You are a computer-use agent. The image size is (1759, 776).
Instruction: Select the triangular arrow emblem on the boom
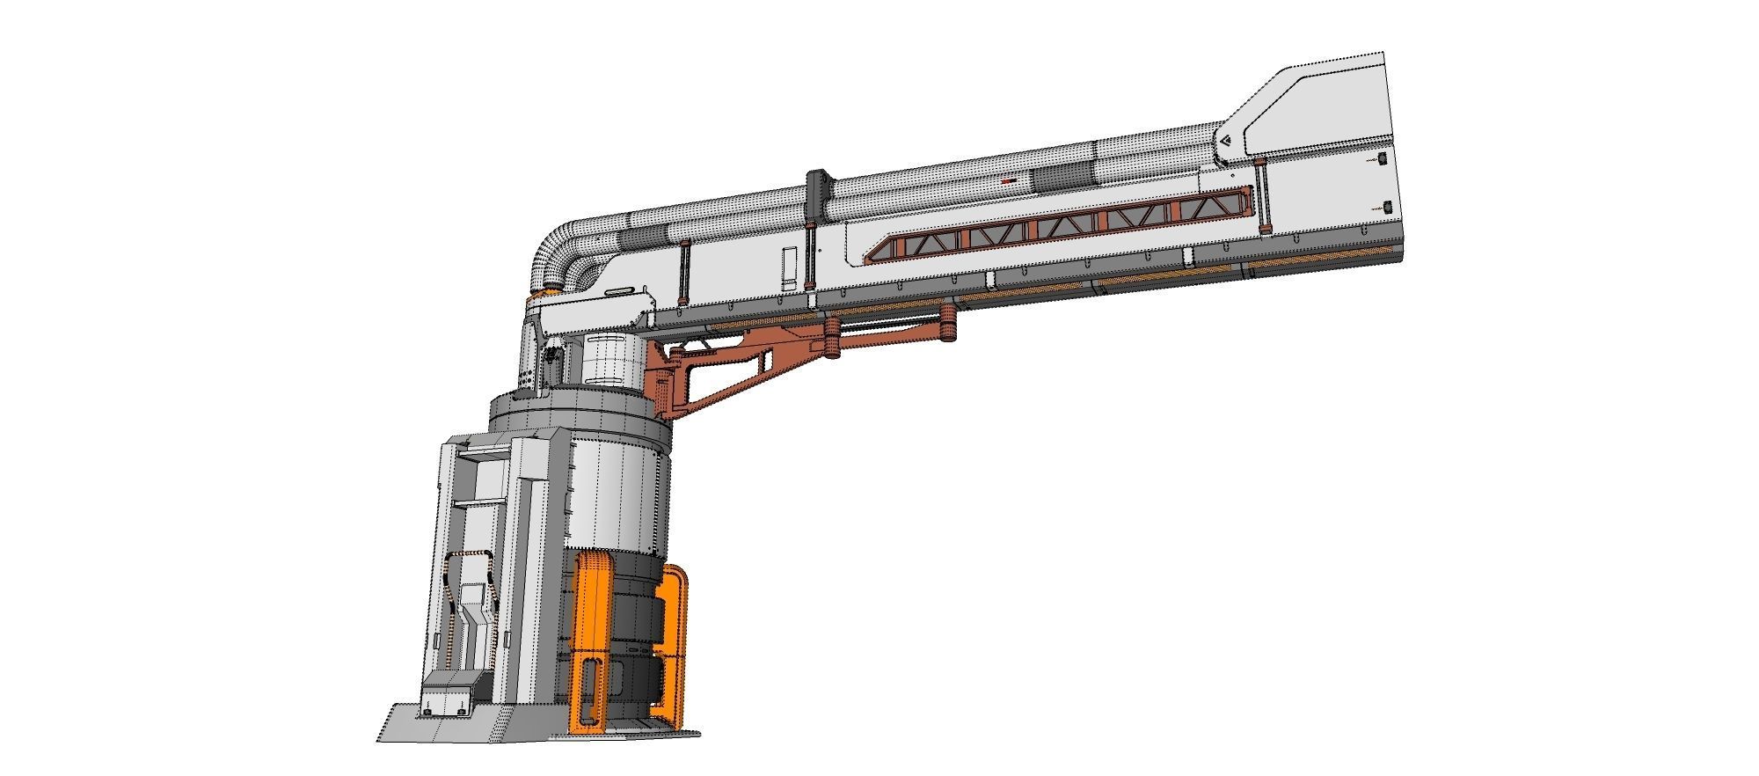pos(1223,141)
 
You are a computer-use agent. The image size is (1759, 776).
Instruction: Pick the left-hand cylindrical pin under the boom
pos(831,339)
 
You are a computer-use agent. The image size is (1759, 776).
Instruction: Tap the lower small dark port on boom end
pos(1387,207)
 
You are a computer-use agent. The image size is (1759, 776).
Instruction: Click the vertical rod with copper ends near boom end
pos(1261,198)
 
